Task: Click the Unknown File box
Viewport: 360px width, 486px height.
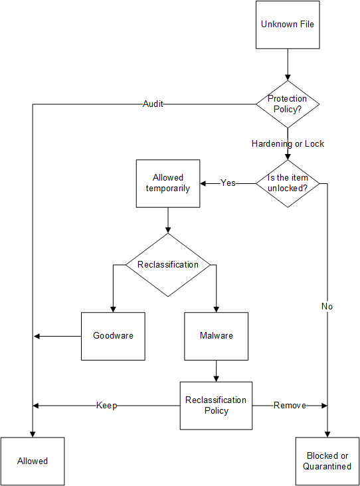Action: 288,25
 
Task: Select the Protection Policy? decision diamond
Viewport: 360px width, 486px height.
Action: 288,104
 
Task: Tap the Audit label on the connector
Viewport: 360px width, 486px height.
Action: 153,104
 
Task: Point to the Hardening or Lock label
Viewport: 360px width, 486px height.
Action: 288,143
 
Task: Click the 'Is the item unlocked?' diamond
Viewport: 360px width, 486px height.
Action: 288,183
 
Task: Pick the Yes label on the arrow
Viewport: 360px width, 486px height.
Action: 228,183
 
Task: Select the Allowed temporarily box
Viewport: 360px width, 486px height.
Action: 167,183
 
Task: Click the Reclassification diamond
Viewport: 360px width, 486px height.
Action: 167,265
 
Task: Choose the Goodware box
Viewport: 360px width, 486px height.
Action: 113,336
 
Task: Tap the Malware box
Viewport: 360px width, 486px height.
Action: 216,336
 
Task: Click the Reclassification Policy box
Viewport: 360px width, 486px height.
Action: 216,405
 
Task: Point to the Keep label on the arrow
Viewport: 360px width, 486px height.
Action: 106,406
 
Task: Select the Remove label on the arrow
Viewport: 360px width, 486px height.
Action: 290,406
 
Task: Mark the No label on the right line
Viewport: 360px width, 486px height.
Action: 327,307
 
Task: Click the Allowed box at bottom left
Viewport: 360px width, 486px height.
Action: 33,461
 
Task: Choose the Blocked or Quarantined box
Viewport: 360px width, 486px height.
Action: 327,461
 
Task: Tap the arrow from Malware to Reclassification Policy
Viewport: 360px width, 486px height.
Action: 216,370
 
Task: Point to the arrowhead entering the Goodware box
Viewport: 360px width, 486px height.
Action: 113,308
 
